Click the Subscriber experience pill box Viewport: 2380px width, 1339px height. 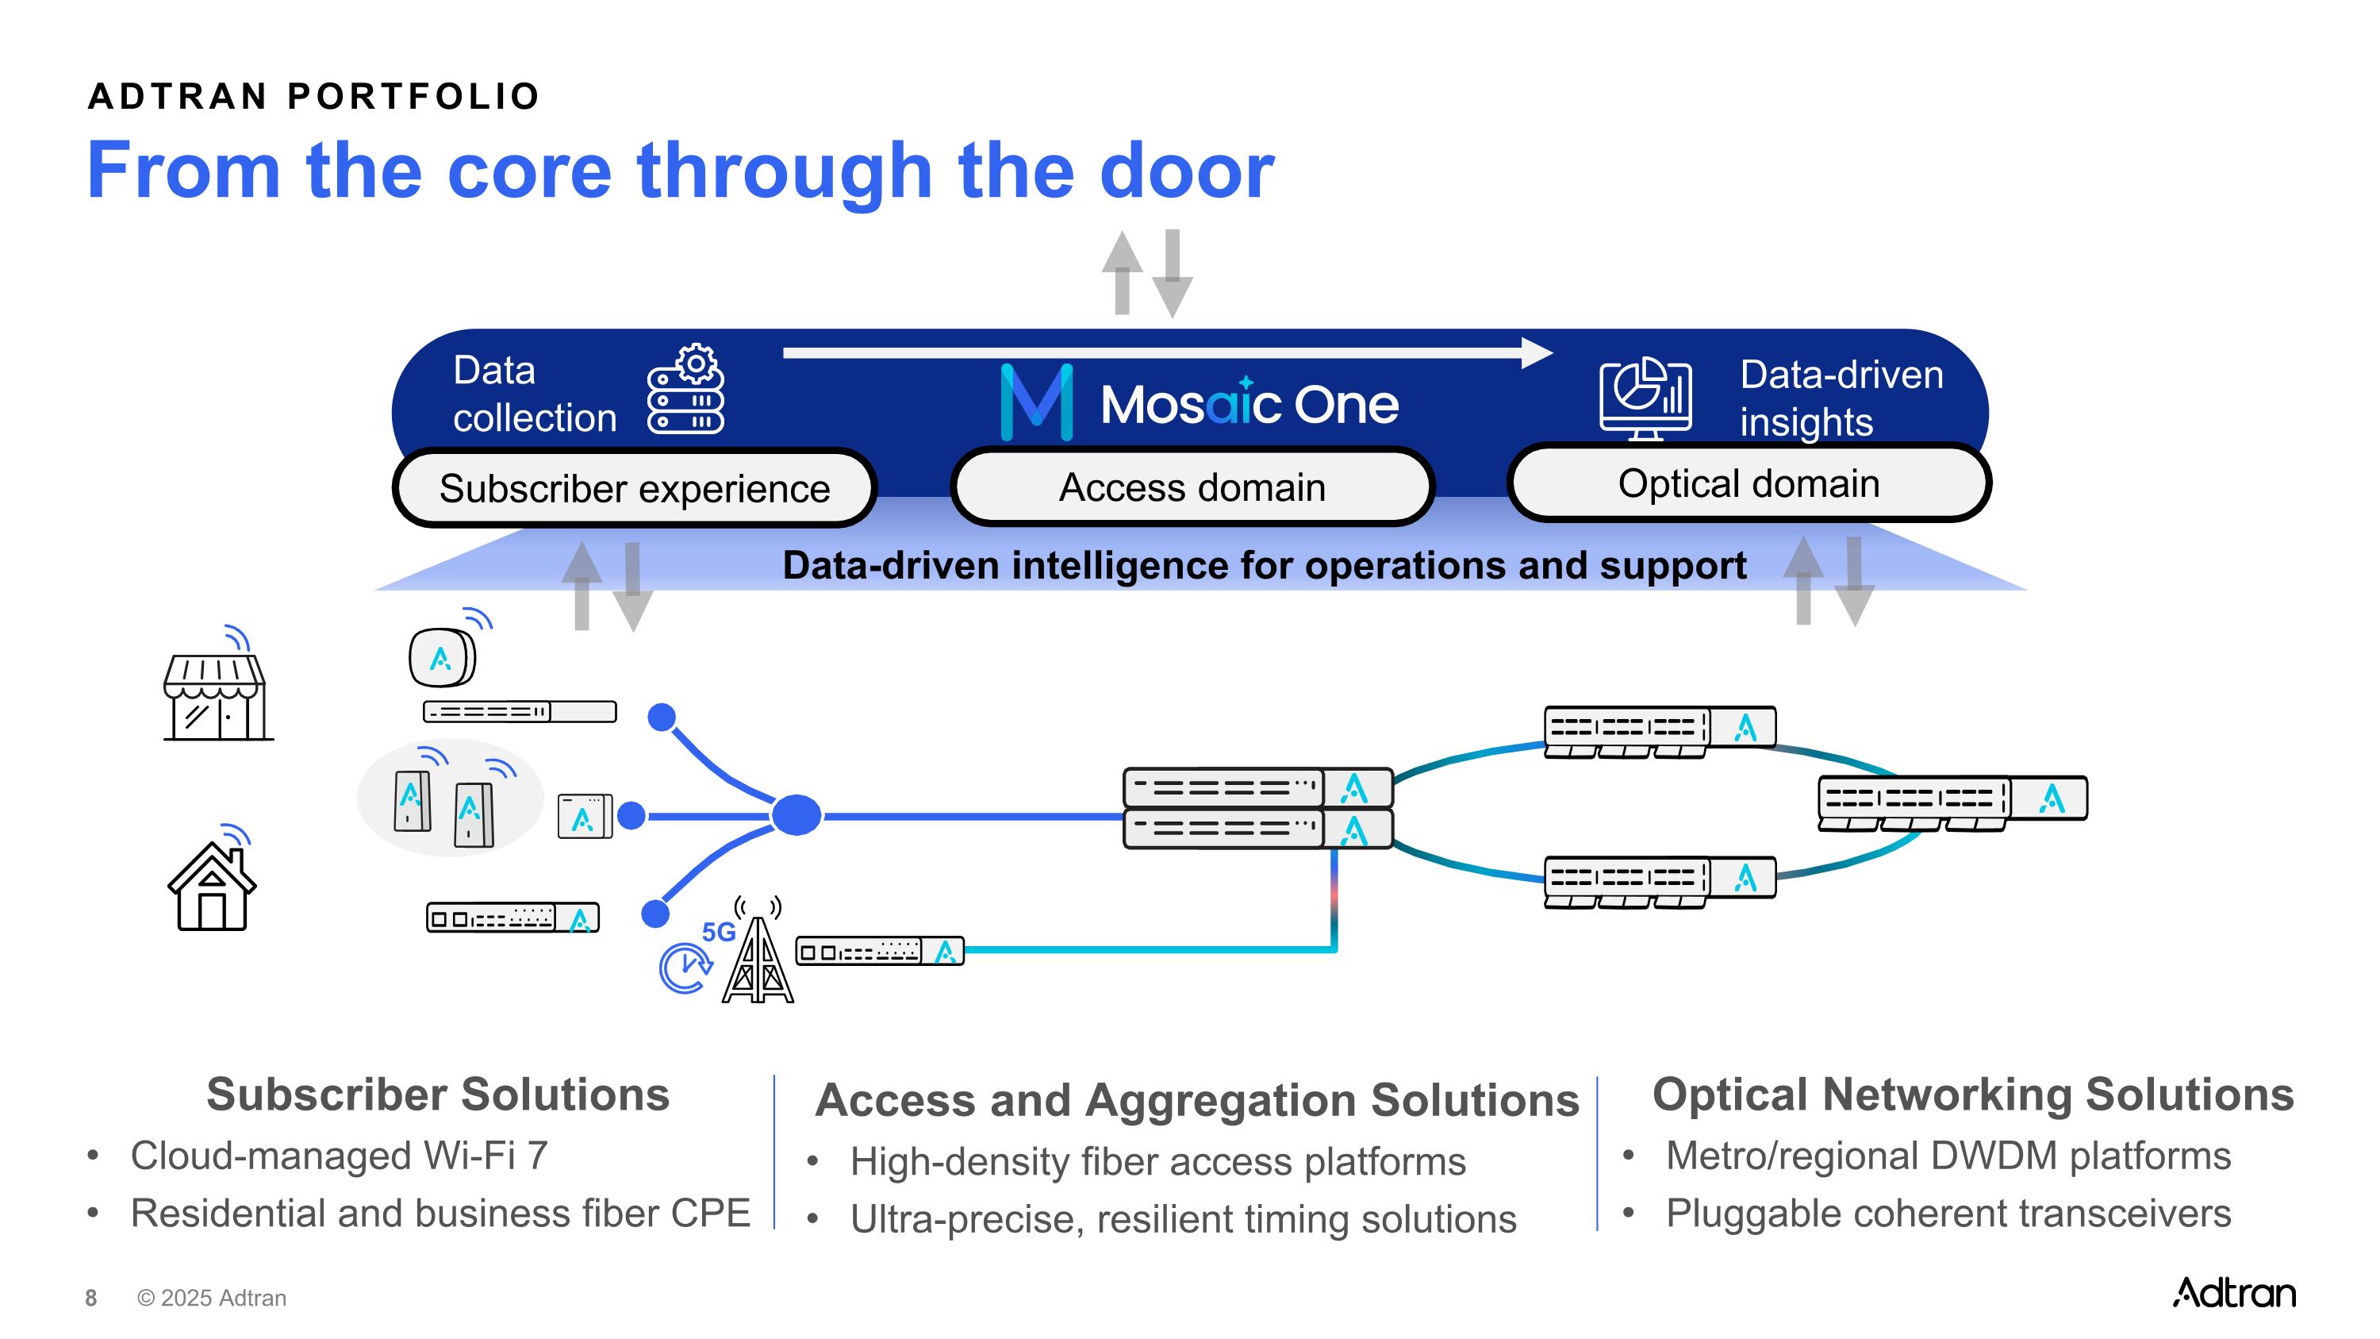pyautogui.click(x=635, y=488)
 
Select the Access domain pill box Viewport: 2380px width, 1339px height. pyautogui.click(x=1192, y=487)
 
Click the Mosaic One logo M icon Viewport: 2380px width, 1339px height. pyautogui.click(x=1037, y=402)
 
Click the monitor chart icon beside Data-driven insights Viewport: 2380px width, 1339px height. pyautogui.click(x=1645, y=399)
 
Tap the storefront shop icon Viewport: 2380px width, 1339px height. pyautogui.click(x=217, y=695)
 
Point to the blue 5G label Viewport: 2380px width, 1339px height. pyautogui.click(x=719, y=932)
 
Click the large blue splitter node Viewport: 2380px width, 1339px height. pyautogui.click(x=796, y=815)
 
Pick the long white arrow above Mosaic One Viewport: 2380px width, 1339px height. pyautogui.click(x=1166, y=353)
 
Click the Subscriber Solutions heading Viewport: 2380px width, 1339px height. pyautogui.click(x=438, y=1094)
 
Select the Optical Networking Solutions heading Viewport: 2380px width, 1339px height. pyautogui.click(x=1972, y=1094)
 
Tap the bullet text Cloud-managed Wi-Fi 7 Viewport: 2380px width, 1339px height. pyautogui.click(x=339, y=1155)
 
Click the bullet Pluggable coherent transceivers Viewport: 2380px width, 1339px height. pyautogui.click(x=1948, y=1212)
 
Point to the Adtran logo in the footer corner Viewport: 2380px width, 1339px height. pyautogui.click(x=2233, y=1293)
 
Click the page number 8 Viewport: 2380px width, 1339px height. pyautogui.click(x=90, y=1299)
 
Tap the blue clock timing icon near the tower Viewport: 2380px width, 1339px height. pyautogui.click(x=685, y=967)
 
